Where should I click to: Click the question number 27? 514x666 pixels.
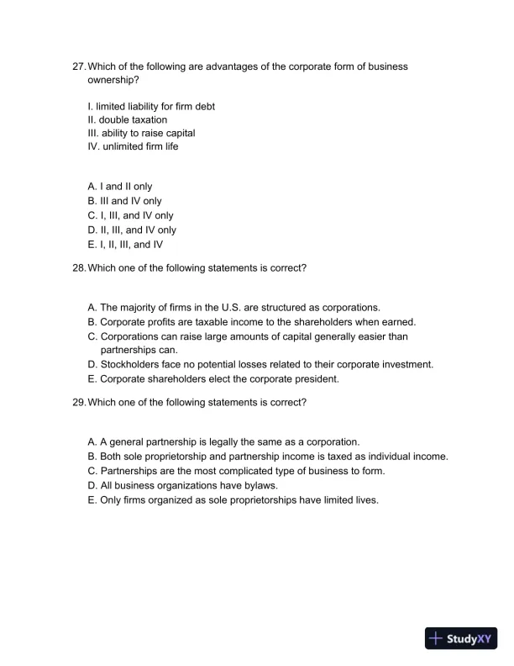pyautogui.click(x=79, y=66)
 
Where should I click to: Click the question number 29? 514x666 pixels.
pyautogui.click(x=79, y=402)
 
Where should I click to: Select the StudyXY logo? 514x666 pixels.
pyautogui.click(x=461, y=638)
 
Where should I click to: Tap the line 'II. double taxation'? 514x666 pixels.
pyautogui.click(x=127, y=119)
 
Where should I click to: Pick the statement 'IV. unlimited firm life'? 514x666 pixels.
pyautogui.click(x=133, y=146)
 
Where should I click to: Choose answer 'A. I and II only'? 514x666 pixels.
pyautogui.click(x=120, y=187)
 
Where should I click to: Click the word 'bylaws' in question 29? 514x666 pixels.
pyautogui.click(x=257, y=485)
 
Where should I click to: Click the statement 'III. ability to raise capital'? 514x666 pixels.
pyautogui.click(x=141, y=133)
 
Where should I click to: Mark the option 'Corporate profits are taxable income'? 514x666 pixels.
pyautogui.click(x=252, y=322)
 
